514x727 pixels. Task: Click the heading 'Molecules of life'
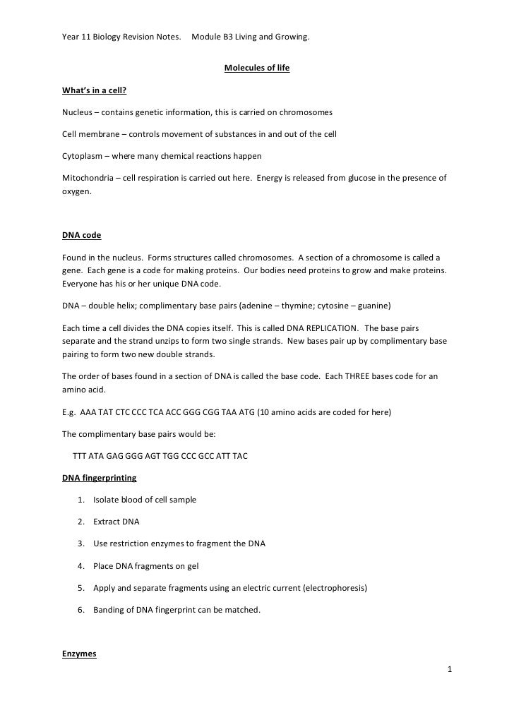256,68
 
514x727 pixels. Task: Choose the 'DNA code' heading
82,234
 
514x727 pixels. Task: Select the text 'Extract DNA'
116,522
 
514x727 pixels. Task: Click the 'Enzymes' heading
79,654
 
